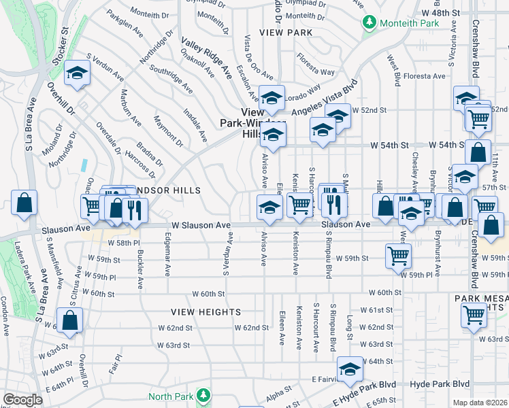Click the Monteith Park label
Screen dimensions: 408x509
click(407, 22)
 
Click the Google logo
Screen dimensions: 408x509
click(22, 400)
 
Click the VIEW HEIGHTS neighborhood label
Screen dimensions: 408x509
click(206, 312)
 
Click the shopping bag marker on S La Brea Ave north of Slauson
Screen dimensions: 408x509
click(24, 202)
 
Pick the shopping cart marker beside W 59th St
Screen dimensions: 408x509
click(399, 256)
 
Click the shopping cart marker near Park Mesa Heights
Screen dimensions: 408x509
click(474, 314)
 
